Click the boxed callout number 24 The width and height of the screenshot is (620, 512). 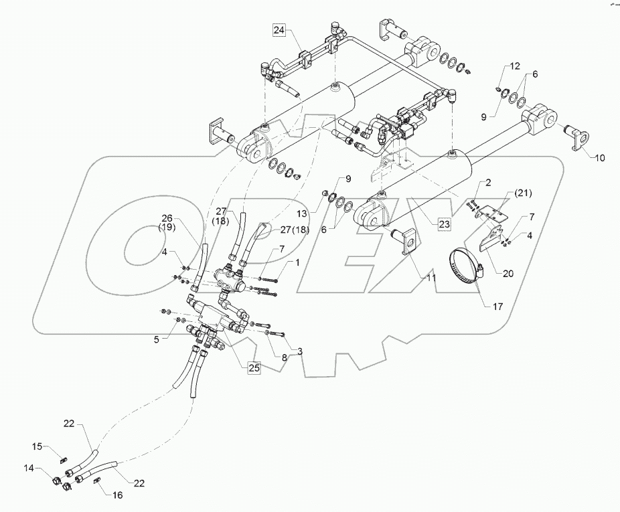pyautogui.click(x=279, y=29)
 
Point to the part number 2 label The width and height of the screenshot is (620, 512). pyautogui.click(x=488, y=182)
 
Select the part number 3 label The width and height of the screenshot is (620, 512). pyautogui.click(x=299, y=351)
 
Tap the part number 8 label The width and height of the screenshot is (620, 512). pyautogui.click(x=283, y=357)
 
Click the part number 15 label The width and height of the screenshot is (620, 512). pyautogui.click(x=39, y=446)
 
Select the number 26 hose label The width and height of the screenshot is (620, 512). pyautogui.click(x=167, y=218)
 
